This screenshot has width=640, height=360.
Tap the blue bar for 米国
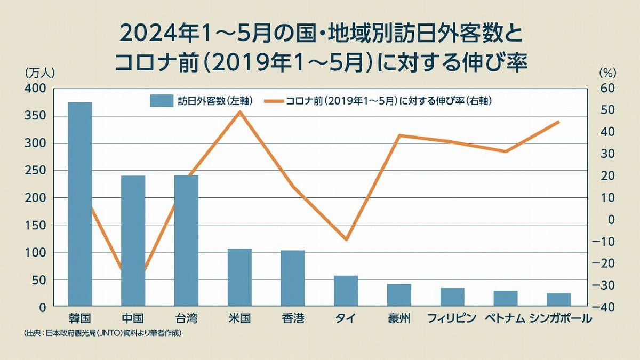tap(239, 277)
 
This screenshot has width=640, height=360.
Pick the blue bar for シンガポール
tap(559, 300)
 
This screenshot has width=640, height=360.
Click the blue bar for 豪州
tap(399, 295)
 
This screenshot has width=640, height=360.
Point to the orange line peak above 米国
tap(239, 111)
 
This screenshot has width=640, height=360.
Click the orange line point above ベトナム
tap(505, 151)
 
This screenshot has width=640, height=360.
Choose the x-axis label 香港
tap(293, 319)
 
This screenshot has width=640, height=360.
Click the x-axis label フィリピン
tap(452, 319)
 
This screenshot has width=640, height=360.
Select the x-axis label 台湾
tap(186, 319)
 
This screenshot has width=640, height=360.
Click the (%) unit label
tap(607, 72)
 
